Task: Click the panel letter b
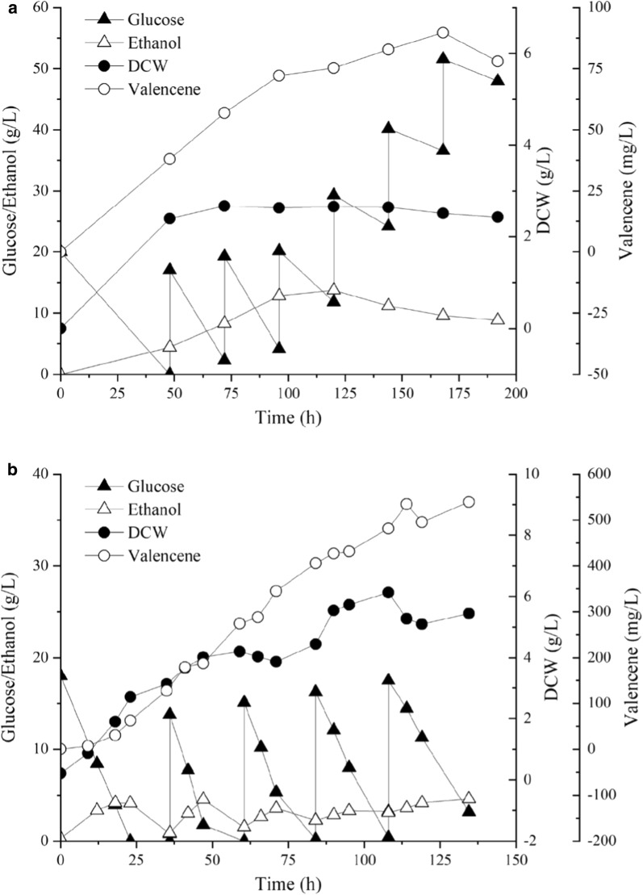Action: point(7,470)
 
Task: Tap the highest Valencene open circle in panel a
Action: point(443,33)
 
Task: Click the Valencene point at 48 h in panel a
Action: point(169,159)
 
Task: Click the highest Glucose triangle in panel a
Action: point(443,58)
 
